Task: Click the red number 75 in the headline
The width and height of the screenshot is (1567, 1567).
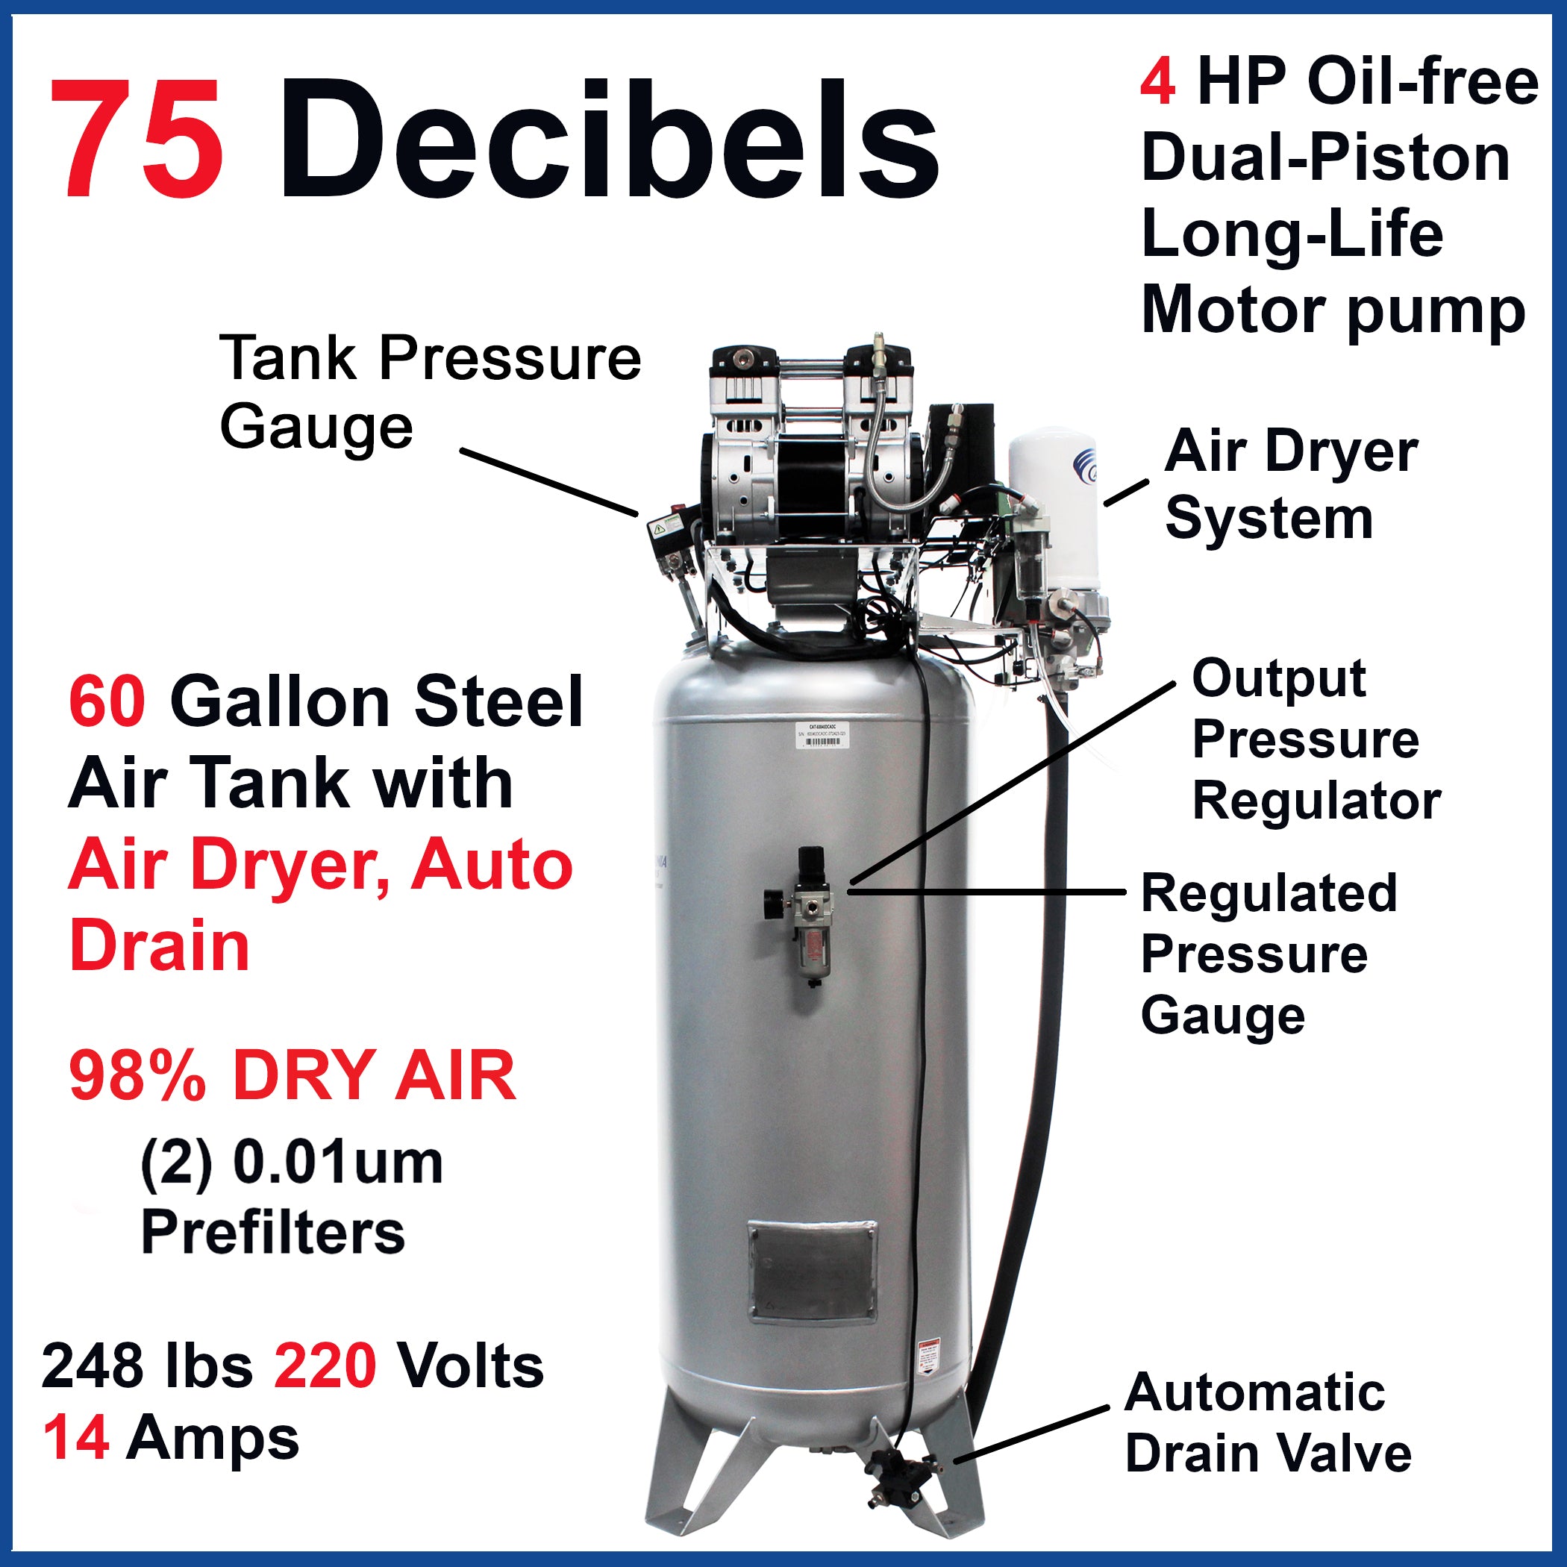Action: tap(137, 140)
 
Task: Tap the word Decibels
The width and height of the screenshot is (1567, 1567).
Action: tap(608, 140)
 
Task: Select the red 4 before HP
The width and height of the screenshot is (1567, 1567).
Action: tap(1157, 83)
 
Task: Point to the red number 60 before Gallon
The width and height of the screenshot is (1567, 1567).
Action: tap(107, 701)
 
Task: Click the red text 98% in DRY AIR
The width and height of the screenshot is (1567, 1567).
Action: tap(138, 1076)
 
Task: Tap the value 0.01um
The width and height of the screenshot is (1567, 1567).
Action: tap(337, 1163)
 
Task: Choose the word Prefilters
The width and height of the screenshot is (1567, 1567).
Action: tap(272, 1232)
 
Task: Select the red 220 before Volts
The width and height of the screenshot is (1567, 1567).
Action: tap(325, 1366)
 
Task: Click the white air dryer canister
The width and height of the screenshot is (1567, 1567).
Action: tap(1053, 503)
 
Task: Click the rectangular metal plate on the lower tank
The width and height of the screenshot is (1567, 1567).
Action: tap(812, 1271)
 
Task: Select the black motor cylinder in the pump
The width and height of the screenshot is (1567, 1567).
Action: tap(811, 478)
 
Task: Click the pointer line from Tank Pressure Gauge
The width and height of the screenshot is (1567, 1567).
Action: tap(548, 482)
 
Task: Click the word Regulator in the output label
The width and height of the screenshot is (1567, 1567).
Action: tap(1316, 802)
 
